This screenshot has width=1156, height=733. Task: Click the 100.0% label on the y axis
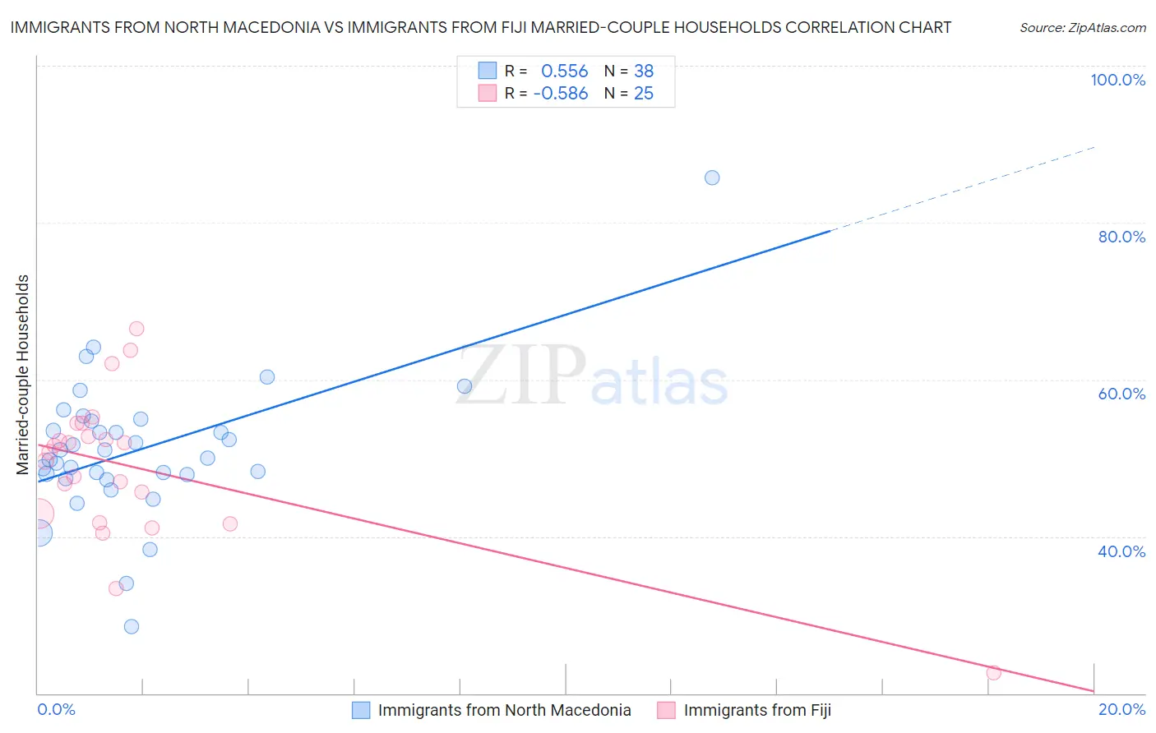point(1117,80)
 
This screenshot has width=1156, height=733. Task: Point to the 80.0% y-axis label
point(1121,237)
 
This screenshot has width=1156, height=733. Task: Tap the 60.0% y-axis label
point(1121,394)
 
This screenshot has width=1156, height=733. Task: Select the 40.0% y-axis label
point(1121,551)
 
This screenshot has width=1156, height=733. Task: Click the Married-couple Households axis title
point(23,375)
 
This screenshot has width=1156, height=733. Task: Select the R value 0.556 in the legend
point(564,71)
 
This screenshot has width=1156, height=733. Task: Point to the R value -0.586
point(561,94)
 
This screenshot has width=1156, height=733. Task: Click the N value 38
point(644,71)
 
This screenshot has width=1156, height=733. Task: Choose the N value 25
point(644,94)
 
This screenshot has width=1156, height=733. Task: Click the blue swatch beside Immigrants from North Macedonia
point(361,710)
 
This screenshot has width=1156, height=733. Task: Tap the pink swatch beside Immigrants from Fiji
point(666,710)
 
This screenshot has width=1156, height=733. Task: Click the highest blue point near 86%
point(712,177)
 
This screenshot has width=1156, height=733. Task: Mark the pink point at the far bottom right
point(993,673)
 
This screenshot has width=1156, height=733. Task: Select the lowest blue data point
point(132,626)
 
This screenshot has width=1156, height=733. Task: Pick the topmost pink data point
point(136,329)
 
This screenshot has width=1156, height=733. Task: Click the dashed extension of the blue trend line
point(962,189)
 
